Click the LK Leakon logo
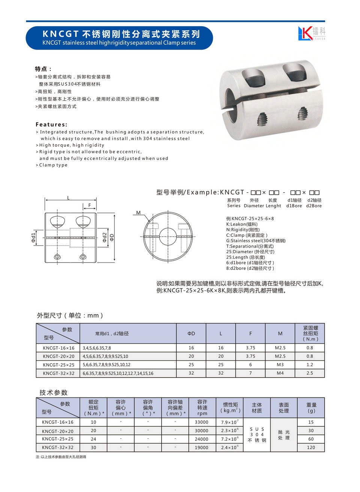coord(311,33)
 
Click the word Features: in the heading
coord(51,124)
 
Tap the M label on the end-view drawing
coord(138,213)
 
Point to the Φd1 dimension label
coord(33,237)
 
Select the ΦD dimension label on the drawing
coord(112,237)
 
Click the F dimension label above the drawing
coord(90,205)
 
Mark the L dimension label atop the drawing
coord(68,198)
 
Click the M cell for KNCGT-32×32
coord(280,373)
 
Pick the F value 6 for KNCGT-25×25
coord(250,364)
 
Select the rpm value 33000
coord(201,422)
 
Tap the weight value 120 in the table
coord(311,447)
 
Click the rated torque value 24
coord(93,439)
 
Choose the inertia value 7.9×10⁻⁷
coord(229,422)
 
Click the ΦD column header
coord(191,333)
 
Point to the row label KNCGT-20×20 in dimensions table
coord(58,356)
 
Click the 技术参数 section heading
coord(54,393)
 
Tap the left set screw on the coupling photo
coord(262,120)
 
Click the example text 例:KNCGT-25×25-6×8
coord(250,219)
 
